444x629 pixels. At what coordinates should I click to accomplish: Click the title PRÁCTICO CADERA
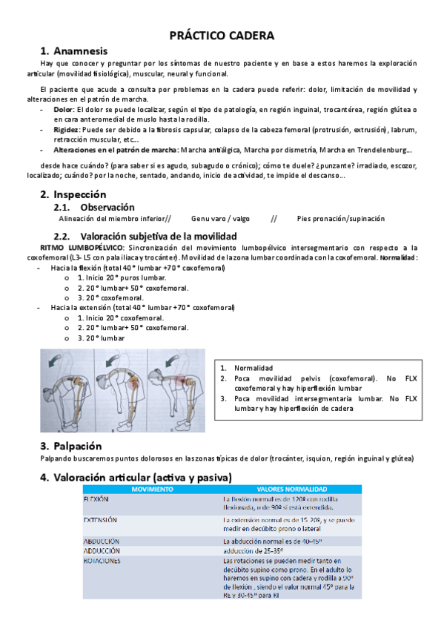[x=222, y=36]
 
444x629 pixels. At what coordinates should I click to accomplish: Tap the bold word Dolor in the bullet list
[x=63, y=109]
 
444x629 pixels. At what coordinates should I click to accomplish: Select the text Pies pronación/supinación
[x=341, y=219]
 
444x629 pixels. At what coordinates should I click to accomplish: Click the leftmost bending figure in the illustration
[x=70, y=386]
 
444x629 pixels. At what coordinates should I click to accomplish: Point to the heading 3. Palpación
[x=70, y=446]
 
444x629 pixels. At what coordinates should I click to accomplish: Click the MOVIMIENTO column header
[x=151, y=490]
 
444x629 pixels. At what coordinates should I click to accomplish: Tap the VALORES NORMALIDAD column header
[x=291, y=490]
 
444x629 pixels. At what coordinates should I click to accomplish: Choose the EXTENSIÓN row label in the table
[x=102, y=521]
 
